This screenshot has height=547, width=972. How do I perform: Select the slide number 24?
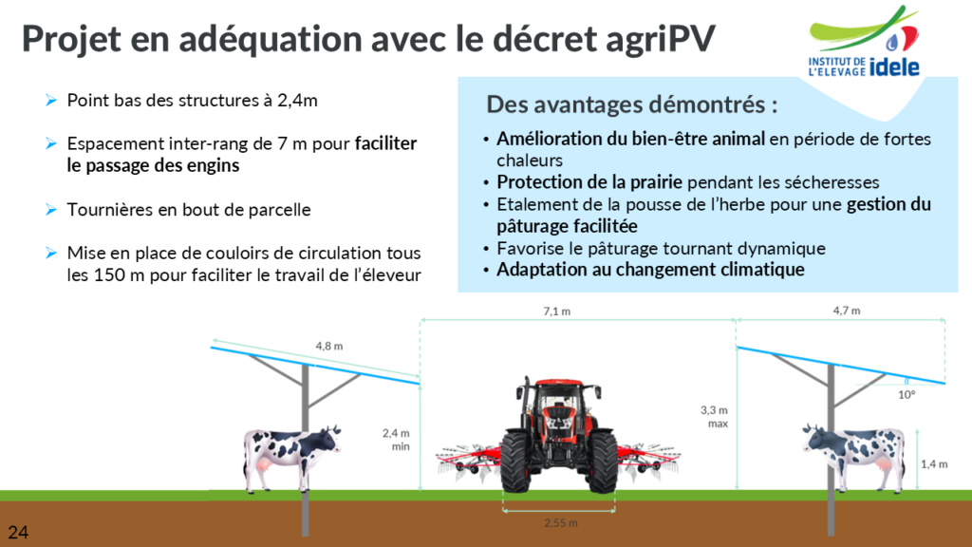(18, 532)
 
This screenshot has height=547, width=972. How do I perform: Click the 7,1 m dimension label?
(556, 311)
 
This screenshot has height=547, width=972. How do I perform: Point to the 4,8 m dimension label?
(329, 346)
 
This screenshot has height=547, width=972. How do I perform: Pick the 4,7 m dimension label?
(846, 311)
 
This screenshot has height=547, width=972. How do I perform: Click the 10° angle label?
(907, 394)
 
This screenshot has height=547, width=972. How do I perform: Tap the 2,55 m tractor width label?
(560, 523)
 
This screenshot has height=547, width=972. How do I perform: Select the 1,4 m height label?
(934, 463)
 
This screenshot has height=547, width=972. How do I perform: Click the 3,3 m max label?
(714, 417)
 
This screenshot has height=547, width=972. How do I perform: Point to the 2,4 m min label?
(396, 440)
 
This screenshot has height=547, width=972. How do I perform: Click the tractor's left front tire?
(515, 462)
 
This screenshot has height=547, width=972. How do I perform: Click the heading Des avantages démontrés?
(631, 104)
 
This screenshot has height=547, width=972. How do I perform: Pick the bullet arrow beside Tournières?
(51, 210)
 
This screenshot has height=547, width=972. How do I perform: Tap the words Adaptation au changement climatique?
(650, 270)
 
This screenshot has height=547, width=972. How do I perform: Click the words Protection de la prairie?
(589, 182)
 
